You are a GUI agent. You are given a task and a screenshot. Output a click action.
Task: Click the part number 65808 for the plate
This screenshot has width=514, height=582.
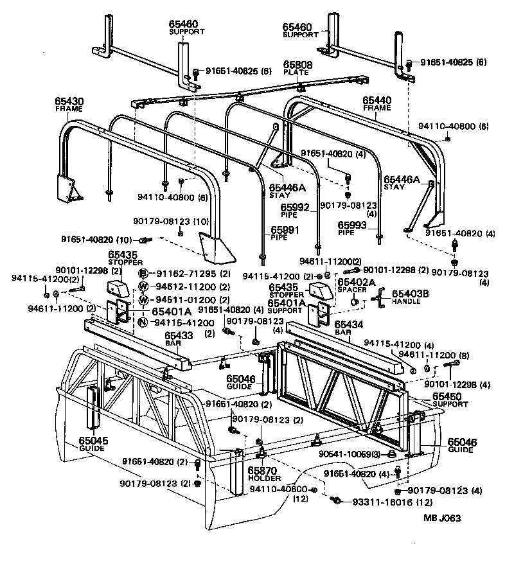[x=298, y=66]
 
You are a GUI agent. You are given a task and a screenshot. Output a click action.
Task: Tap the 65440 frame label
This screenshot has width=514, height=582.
[x=377, y=101]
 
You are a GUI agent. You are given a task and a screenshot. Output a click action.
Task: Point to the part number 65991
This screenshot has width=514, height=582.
[x=284, y=229]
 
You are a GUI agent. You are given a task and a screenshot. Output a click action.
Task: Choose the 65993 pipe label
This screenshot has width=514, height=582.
[x=353, y=225]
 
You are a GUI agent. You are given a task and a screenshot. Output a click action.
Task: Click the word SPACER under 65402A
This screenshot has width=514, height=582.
[x=351, y=290]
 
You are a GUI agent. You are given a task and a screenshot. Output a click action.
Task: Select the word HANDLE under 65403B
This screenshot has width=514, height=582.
[x=407, y=301]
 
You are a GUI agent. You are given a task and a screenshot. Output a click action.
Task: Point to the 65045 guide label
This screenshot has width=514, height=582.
[x=94, y=441]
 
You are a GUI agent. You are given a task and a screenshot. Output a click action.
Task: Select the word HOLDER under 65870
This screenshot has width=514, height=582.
[x=262, y=478]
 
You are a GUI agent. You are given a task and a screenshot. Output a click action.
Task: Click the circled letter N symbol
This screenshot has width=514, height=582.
[x=144, y=322]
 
